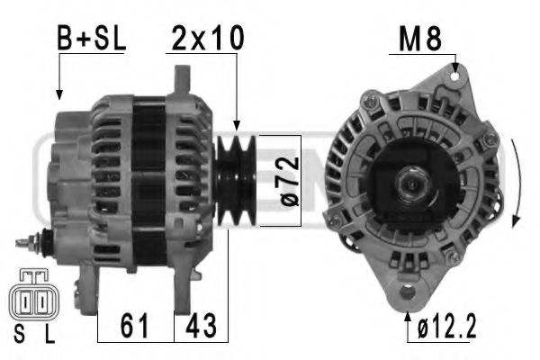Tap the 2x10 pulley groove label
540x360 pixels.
click(x=208, y=38)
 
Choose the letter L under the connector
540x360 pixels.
click(x=49, y=337)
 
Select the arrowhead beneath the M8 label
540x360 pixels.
click(x=457, y=68)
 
